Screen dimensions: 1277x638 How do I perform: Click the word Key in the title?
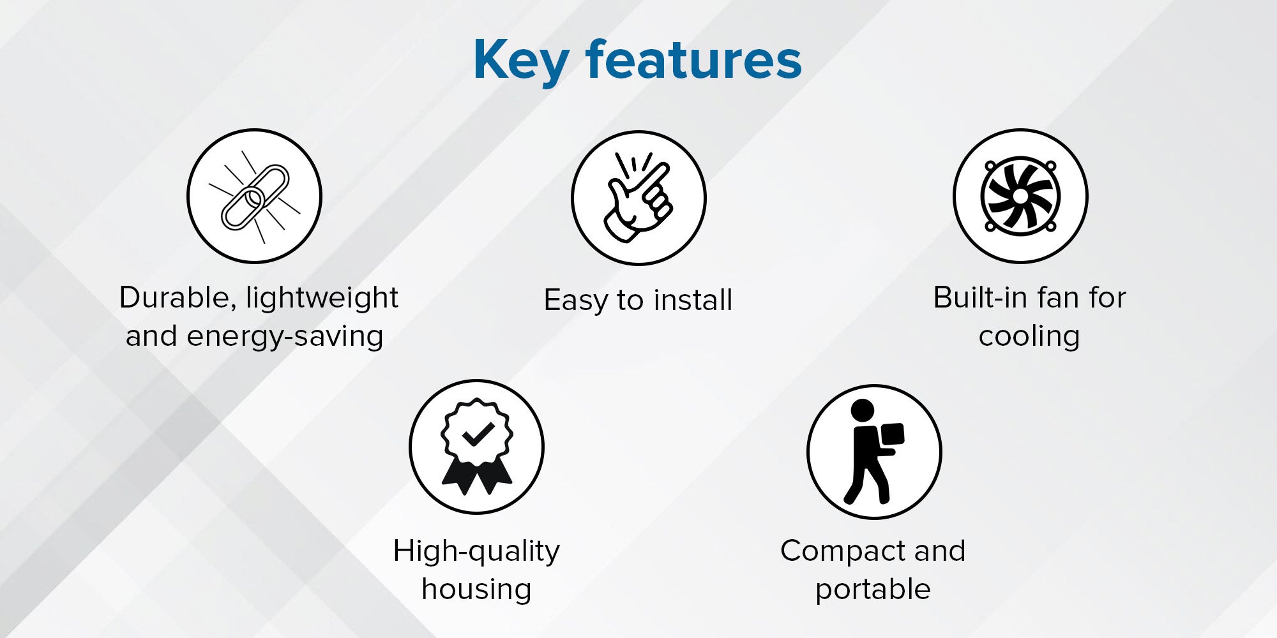[x=520, y=61]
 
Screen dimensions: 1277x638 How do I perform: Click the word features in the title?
[x=693, y=59]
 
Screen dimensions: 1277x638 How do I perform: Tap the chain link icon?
[x=255, y=197]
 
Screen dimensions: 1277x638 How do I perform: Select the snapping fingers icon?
[x=638, y=197]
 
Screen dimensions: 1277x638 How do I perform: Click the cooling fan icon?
[x=1020, y=196]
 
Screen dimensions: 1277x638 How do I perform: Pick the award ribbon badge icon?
[x=476, y=447]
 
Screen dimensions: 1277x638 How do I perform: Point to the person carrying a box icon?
[x=873, y=452]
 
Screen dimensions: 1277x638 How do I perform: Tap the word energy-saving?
[x=285, y=336]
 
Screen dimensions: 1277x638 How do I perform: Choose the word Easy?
[x=576, y=300]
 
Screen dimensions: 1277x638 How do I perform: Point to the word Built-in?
[x=979, y=297]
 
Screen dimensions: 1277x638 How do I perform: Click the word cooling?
[x=1029, y=336]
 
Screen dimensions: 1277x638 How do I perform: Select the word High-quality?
[x=476, y=551]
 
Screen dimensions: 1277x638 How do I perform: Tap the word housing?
[x=476, y=590]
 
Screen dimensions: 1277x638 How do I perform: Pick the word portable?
[x=873, y=590]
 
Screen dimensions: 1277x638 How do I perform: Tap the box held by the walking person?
[x=892, y=436]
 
